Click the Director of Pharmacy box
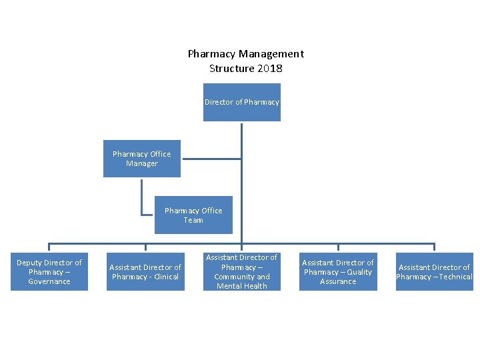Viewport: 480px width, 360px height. pyautogui.click(x=241, y=102)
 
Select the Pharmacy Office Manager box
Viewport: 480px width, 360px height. pyautogui.click(x=141, y=159)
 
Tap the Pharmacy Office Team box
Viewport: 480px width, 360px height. pyautogui.click(x=193, y=215)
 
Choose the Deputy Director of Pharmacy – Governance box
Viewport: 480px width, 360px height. pyautogui.click(x=49, y=272)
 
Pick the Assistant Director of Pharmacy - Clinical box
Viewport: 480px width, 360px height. pyautogui.click(x=145, y=272)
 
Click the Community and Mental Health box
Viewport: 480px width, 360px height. pyautogui.click(x=241, y=272)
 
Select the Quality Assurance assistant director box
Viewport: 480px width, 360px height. pyautogui.click(x=338, y=272)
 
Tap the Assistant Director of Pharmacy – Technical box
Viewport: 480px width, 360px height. pyautogui.click(x=434, y=272)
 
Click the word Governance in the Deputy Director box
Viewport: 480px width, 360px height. pyautogui.click(x=49, y=281)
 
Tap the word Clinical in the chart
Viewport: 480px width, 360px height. pyautogui.click(x=166, y=277)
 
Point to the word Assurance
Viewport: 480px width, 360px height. pyautogui.click(x=338, y=281)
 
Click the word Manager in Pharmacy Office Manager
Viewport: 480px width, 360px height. pyautogui.click(x=141, y=163)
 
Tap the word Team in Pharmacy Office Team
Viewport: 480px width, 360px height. pyautogui.click(x=193, y=220)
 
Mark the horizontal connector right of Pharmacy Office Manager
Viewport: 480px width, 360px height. pyautogui.click(x=211, y=159)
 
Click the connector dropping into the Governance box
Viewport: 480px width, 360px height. pyautogui.click(x=49, y=247)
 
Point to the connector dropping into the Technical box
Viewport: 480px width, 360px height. pyautogui.click(x=434, y=247)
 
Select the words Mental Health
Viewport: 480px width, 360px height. pyautogui.click(x=241, y=286)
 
